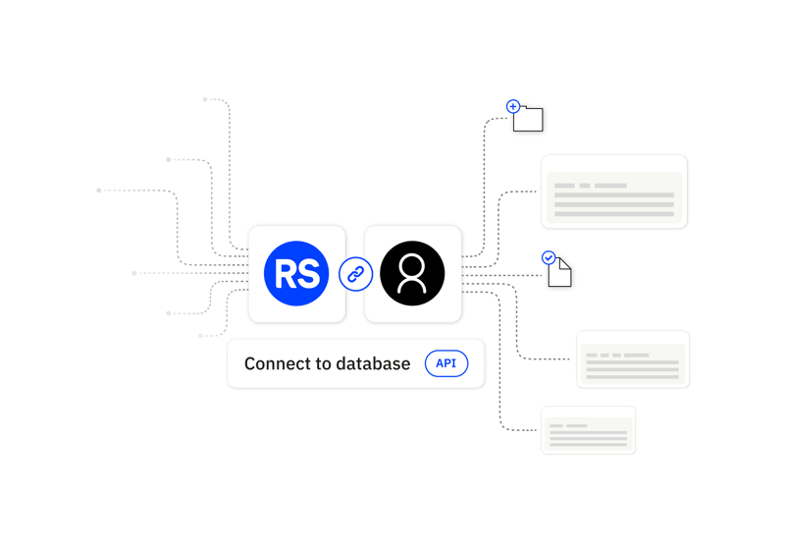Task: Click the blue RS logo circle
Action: [296, 273]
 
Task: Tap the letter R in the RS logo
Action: [286, 274]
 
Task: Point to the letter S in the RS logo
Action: [309, 274]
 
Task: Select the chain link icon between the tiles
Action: [355, 274]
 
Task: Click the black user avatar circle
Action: [412, 273]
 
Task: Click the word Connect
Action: [274, 364]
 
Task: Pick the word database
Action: [373, 364]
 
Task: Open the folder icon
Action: [530, 120]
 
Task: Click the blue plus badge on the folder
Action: [512, 106]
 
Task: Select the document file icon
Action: [560, 273]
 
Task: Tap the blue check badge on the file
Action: [549, 258]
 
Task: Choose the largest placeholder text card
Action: [614, 192]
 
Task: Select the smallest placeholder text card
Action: [589, 430]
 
